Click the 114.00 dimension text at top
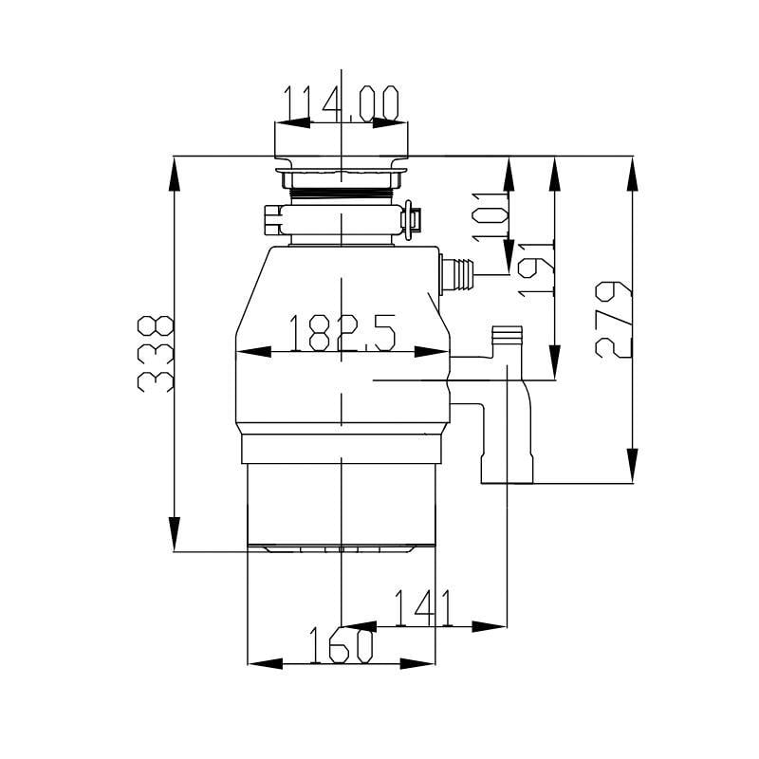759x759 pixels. point(342,102)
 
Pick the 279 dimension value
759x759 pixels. point(615,319)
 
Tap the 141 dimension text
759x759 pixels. point(423,607)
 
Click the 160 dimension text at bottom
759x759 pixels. point(342,646)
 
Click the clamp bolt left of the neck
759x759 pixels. point(273,221)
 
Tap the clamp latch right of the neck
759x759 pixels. point(411,220)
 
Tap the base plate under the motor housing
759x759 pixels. point(342,548)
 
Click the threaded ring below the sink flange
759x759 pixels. point(342,195)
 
